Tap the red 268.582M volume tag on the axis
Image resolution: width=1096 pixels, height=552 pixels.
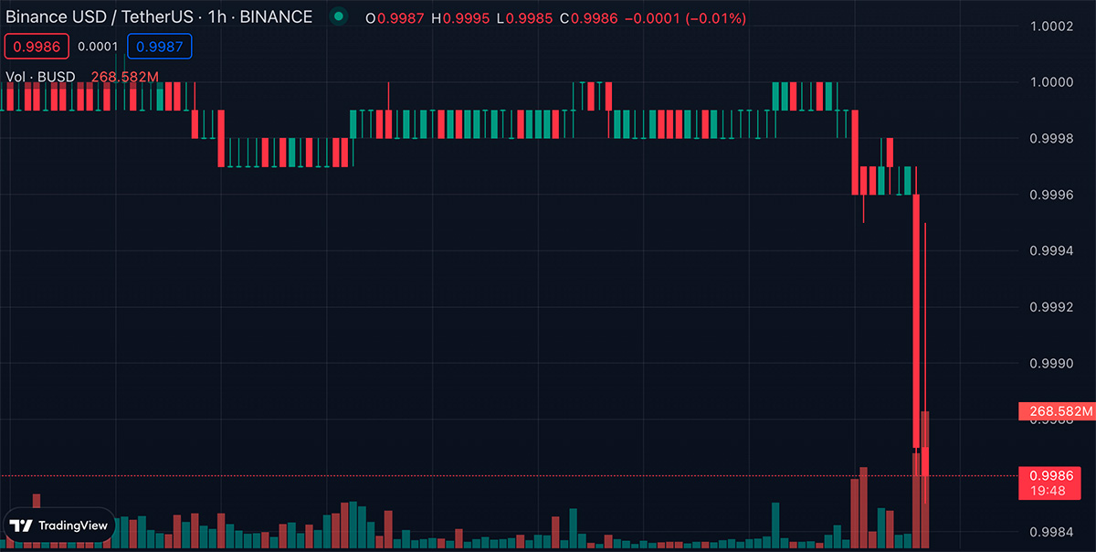(1056, 412)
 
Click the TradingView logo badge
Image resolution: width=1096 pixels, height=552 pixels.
(59, 525)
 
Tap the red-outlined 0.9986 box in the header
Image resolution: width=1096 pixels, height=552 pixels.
(35, 47)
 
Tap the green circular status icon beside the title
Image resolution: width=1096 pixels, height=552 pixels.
(340, 16)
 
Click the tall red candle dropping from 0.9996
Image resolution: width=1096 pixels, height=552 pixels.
(916, 320)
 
